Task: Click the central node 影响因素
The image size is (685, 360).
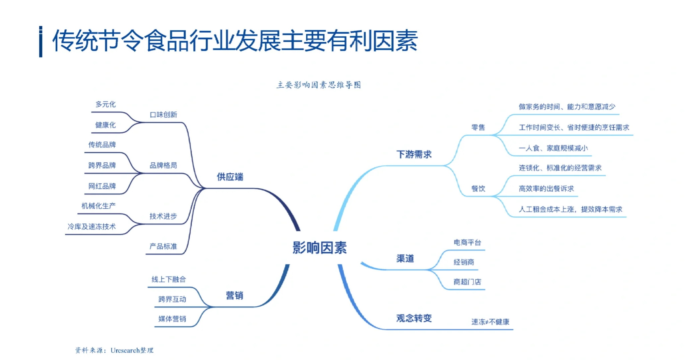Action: [x=319, y=248]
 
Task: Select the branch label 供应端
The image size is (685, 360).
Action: [x=230, y=177]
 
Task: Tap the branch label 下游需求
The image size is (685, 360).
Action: [x=414, y=154]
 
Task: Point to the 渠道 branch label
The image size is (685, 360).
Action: [x=405, y=258]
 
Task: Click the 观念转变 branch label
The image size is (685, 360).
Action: [x=414, y=318]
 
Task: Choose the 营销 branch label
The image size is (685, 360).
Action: [x=234, y=295]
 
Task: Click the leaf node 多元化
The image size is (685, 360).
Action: [x=105, y=104]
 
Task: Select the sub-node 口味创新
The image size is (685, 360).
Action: [x=163, y=115]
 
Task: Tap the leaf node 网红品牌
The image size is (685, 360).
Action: [x=102, y=186]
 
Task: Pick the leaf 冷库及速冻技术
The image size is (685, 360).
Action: [x=91, y=227]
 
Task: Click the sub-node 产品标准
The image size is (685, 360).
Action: [x=163, y=246]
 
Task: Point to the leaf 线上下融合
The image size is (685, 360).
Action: [x=168, y=279]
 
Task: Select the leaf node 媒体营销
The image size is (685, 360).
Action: [x=172, y=319]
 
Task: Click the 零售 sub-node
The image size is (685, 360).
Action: [x=478, y=127]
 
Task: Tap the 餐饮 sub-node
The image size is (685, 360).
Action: [x=478, y=189]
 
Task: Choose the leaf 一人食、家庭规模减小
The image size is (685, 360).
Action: [x=553, y=148]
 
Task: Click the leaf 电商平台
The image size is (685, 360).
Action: [x=467, y=242]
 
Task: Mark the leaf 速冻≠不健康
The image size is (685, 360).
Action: [x=490, y=322]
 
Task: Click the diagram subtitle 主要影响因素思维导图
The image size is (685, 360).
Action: [x=318, y=85]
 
